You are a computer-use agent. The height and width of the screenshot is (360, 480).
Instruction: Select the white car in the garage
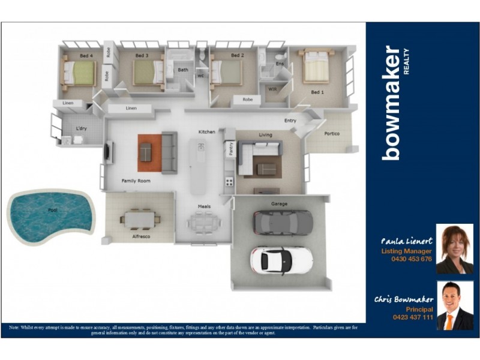281,260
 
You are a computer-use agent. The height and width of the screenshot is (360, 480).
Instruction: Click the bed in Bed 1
316,67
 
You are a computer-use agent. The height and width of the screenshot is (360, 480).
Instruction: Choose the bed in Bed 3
147,73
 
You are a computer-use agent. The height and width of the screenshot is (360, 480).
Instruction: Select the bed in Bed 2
226,73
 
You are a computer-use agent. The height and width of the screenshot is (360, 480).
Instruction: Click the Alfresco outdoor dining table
140,220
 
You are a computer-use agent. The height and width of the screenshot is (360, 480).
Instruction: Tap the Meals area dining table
204,223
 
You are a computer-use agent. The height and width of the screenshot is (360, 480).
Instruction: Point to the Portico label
332,133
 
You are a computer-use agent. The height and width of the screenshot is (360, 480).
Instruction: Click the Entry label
290,121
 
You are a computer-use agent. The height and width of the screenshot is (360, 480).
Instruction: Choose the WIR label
271,89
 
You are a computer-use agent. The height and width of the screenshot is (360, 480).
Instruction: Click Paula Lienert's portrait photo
454,249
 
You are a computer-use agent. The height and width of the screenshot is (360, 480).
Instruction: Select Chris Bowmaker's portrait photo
454,305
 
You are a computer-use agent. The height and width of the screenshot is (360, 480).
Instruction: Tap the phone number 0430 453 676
411,259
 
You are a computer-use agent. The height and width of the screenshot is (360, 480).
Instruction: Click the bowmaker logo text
392,103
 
